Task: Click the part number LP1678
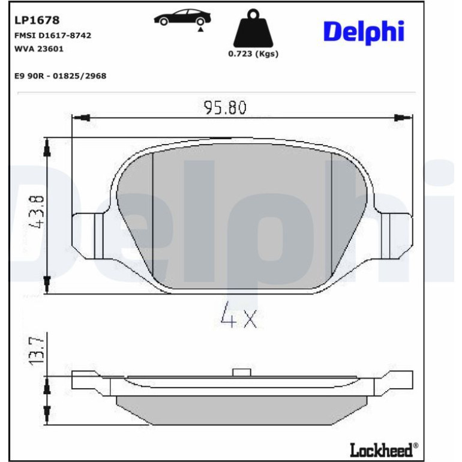click(37, 20)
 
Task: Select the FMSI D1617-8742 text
click(53, 35)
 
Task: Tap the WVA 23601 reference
click(39, 49)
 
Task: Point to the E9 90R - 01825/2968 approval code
click(61, 76)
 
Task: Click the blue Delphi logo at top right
click(364, 32)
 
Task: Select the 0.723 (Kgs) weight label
click(253, 53)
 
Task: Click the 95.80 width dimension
click(225, 107)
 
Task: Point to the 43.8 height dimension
click(37, 212)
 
